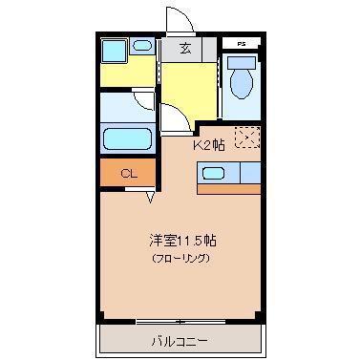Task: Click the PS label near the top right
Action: (242, 44)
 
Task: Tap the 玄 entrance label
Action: (185, 49)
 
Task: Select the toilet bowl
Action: (242, 84)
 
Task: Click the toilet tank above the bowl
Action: (242, 63)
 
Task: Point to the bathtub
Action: (127, 138)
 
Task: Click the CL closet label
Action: (129, 174)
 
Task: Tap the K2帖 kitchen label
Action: (209, 145)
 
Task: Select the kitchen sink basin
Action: (214, 174)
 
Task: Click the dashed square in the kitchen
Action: (247, 138)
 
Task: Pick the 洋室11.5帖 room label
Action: (182, 241)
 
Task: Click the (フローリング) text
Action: (181, 258)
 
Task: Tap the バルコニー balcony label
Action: (180, 342)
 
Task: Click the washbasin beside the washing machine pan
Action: (141, 46)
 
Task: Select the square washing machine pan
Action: (114, 51)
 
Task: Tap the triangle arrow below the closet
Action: (150, 198)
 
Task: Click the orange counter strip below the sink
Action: (228, 189)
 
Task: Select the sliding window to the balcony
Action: (180, 322)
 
